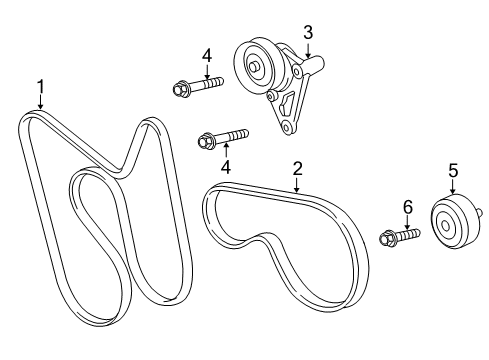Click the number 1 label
[x=40, y=87]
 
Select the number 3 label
[x=308, y=33]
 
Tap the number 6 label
[x=407, y=208]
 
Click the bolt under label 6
[x=398, y=238]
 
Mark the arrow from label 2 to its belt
[x=296, y=183]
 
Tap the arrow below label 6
[x=406, y=224]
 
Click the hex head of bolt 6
[x=387, y=239]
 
